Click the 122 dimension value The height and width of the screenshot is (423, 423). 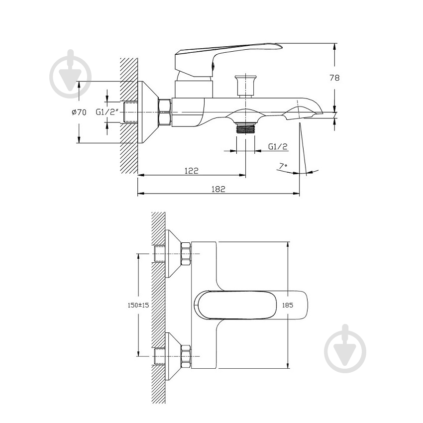tap(192, 170)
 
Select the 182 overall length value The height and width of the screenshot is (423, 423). tap(218, 189)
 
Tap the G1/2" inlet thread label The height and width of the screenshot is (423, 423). tap(106, 112)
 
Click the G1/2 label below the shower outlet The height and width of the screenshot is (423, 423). tap(278, 146)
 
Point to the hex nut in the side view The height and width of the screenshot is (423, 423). tap(165, 112)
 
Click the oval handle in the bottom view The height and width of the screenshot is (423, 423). tap(251, 305)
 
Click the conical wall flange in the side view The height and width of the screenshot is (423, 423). tap(147, 112)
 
